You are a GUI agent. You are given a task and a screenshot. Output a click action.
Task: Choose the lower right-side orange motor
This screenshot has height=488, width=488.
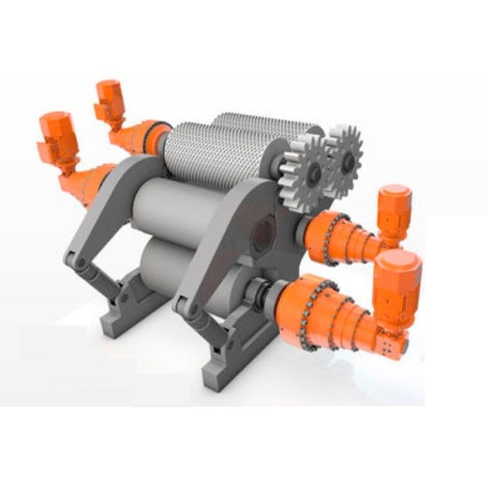point(396,283)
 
